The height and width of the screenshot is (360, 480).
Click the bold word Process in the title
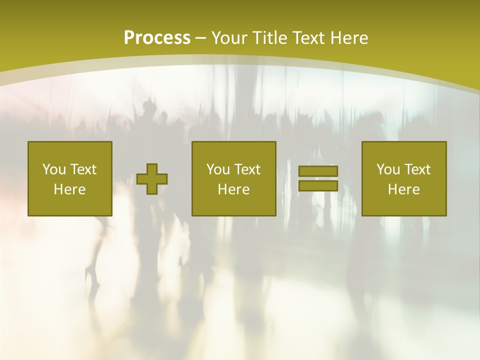point(157,37)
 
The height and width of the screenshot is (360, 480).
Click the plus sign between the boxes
point(152,179)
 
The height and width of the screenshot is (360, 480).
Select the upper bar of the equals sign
point(318,171)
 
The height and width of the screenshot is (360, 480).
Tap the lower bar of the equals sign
point(318,185)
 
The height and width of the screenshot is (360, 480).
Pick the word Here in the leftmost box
point(70,189)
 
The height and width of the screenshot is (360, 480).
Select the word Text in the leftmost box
point(83,169)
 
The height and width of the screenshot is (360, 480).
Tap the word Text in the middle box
point(247,169)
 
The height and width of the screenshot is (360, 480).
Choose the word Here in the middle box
point(234,189)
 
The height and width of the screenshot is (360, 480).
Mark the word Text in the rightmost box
point(417,169)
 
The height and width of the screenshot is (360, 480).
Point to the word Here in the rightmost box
point(404,189)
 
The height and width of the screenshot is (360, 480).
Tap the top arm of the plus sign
point(152,168)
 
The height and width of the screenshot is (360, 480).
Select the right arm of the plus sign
point(162,179)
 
